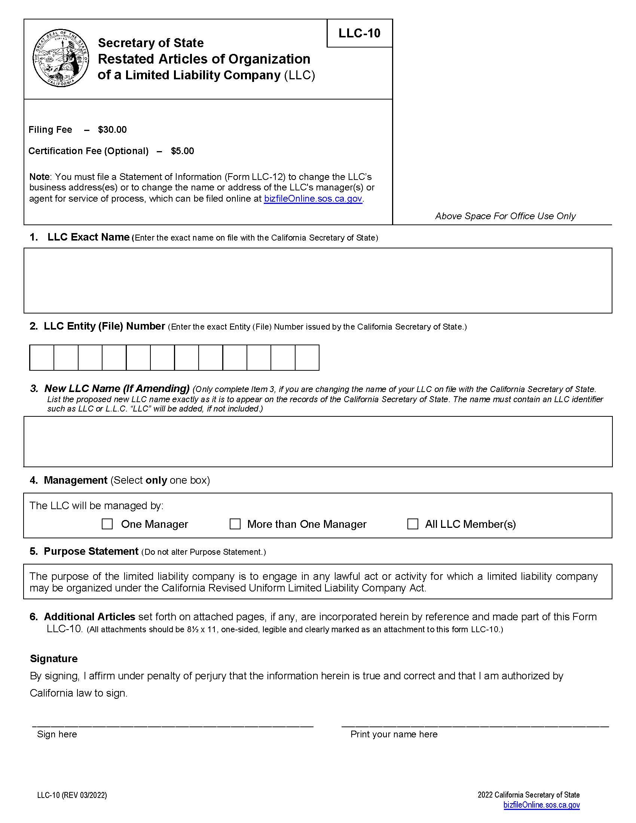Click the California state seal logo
click(x=61, y=59)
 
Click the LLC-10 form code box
click(x=360, y=33)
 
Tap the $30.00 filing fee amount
click(x=112, y=130)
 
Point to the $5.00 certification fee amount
click(x=182, y=151)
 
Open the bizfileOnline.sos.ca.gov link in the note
click(x=313, y=199)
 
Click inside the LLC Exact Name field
click(x=318, y=280)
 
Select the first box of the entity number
click(x=42, y=358)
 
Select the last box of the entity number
click(x=307, y=358)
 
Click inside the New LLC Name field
click(x=318, y=441)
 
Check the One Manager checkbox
click(x=107, y=524)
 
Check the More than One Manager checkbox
click(x=235, y=524)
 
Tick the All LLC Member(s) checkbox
click(x=413, y=524)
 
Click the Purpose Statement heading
click(x=91, y=551)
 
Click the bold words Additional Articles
click(x=89, y=617)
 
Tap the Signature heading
click(x=53, y=659)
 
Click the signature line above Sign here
click(x=172, y=725)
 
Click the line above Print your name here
click(x=475, y=725)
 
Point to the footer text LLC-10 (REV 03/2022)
click(x=72, y=795)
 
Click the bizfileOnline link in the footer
click(x=541, y=805)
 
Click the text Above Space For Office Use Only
click(x=505, y=216)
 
